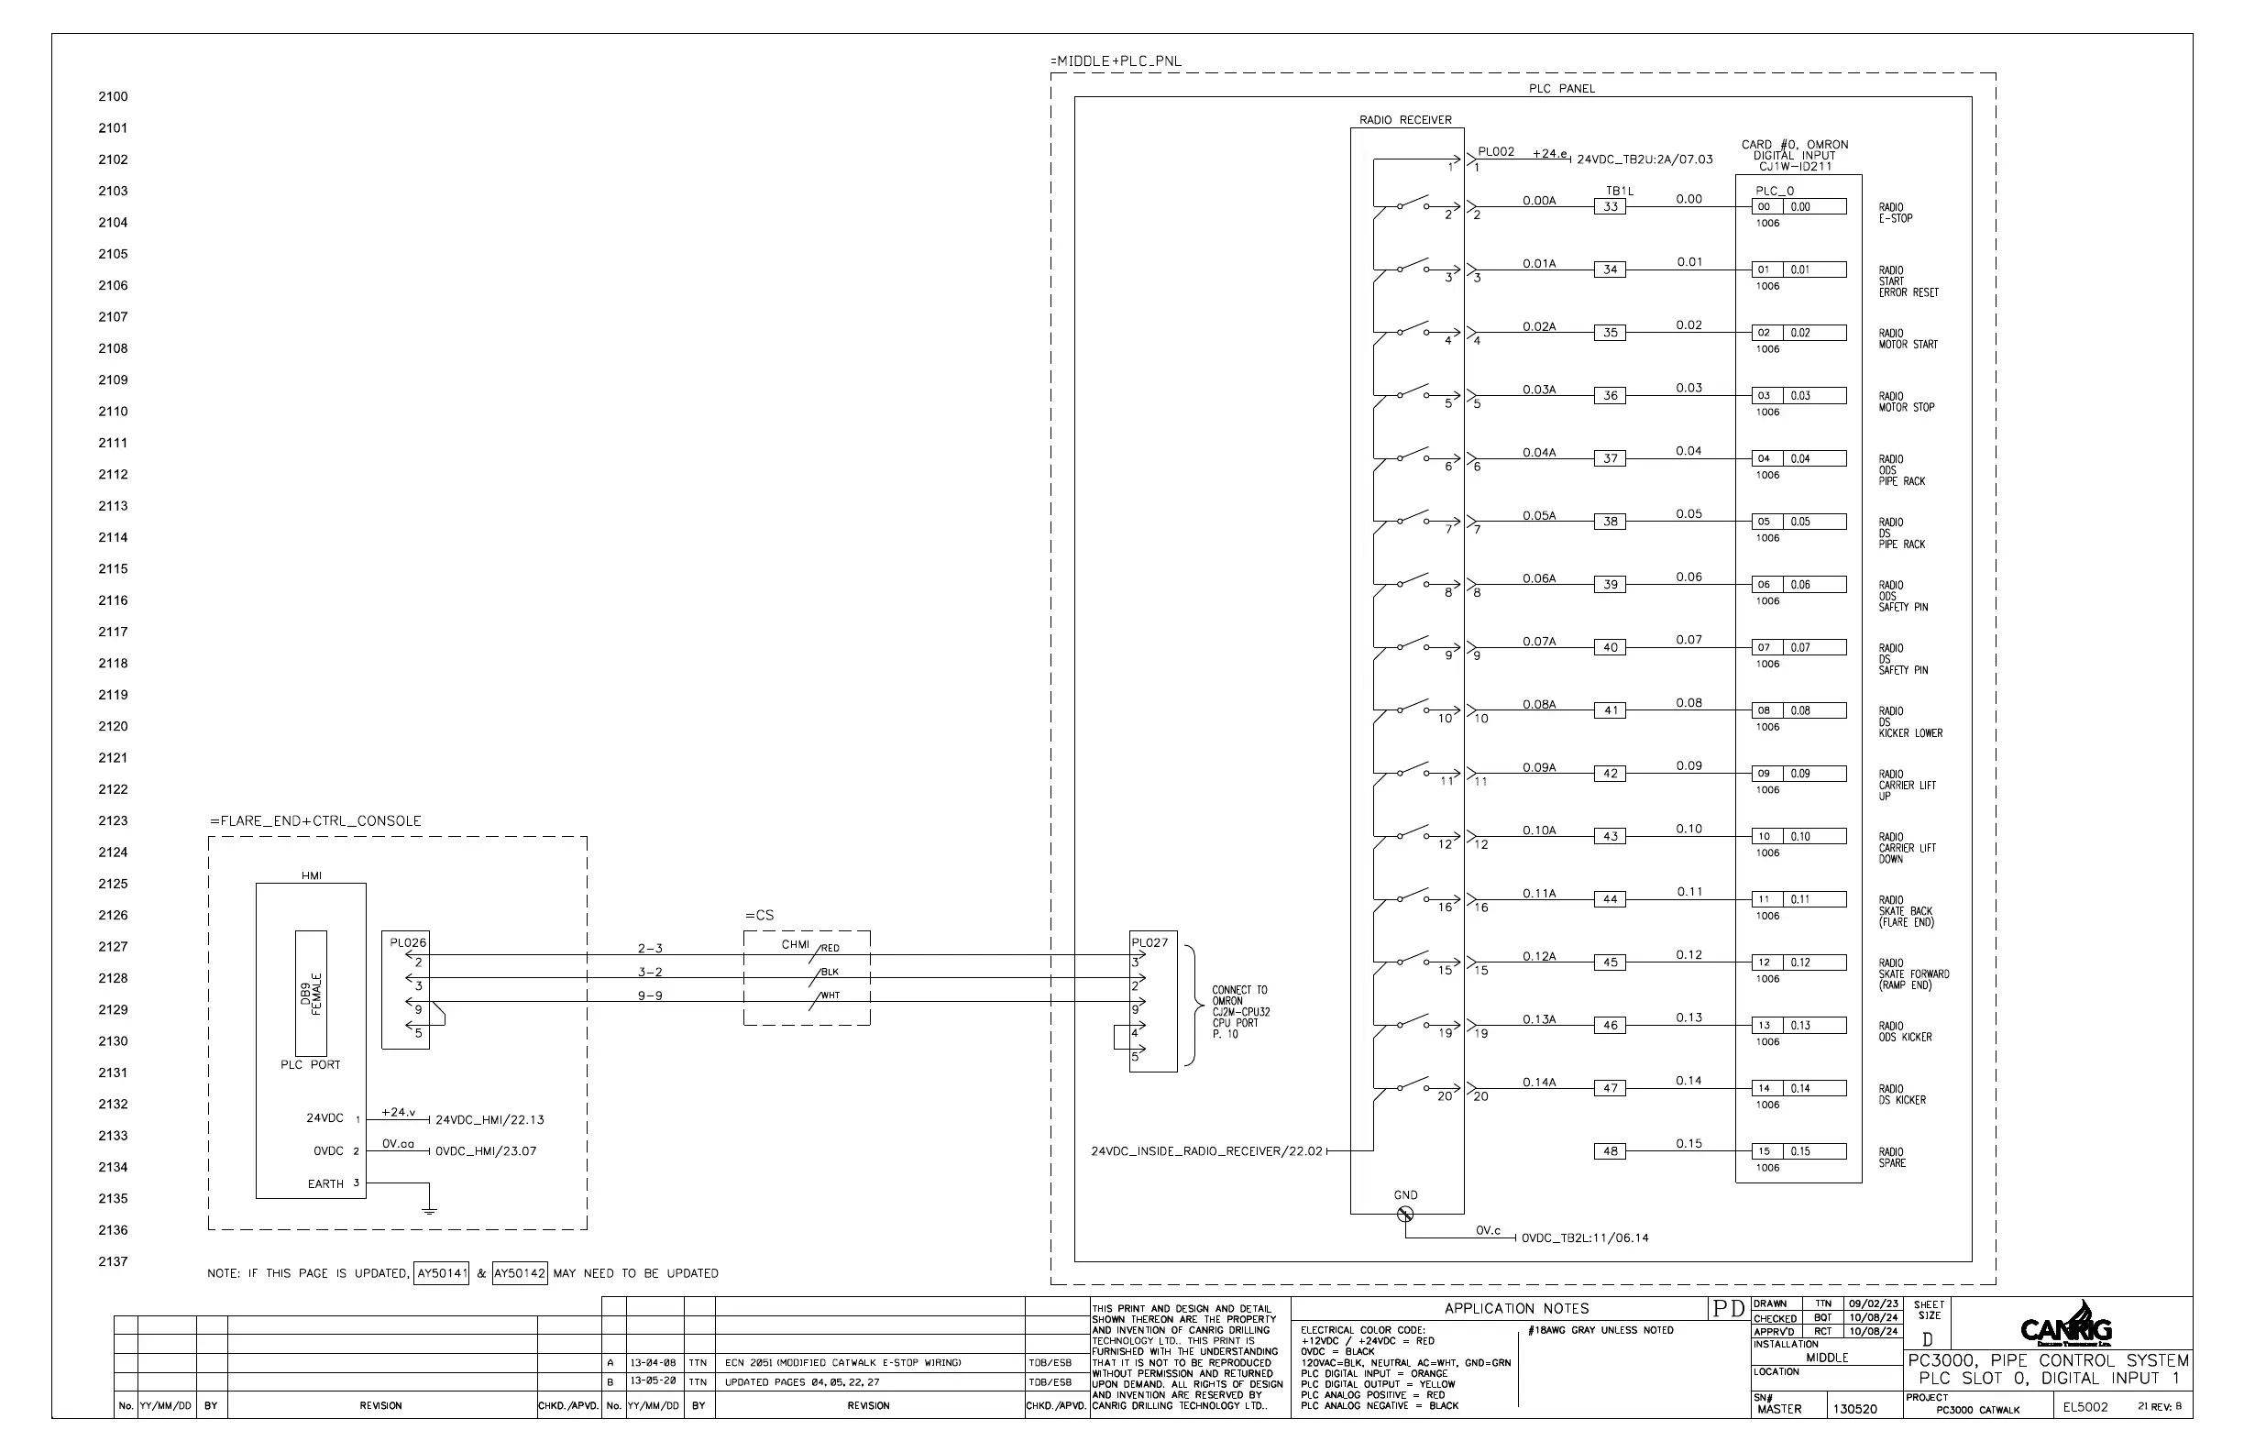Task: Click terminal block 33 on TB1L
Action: pyautogui.click(x=1611, y=206)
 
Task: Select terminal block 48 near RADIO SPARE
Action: pyautogui.click(x=1611, y=1151)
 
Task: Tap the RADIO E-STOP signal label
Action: pyautogui.click(x=1895, y=213)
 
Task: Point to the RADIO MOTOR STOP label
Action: pyautogui.click(x=1906, y=401)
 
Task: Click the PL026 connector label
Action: pyautogui.click(x=408, y=942)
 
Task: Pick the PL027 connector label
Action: pyautogui.click(x=1149, y=942)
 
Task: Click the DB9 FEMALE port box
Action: pyautogui.click(x=311, y=993)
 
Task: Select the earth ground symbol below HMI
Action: pyautogui.click(x=429, y=1210)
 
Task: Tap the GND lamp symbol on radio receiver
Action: pyautogui.click(x=1405, y=1215)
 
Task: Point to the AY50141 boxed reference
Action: pyautogui.click(x=441, y=1273)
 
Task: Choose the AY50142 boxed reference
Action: pyautogui.click(x=520, y=1273)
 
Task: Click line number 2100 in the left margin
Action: pyautogui.click(x=113, y=96)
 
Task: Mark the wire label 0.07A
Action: pyautogui.click(x=1539, y=641)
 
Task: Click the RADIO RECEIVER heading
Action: pyautogui.click(x=1405, y=120)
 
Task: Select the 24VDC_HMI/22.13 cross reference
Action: pyautogui.click(x=489, y=1120)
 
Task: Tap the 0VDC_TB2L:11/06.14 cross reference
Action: pyautogui.click(x=1585, y=1238)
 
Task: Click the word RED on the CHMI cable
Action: pyautogui.click(x=830, y=949)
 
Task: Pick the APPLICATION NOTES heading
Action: pyautogui.click(x=1516, y=1309)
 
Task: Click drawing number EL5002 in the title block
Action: pyautogui.click(x=2084, y=1408)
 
